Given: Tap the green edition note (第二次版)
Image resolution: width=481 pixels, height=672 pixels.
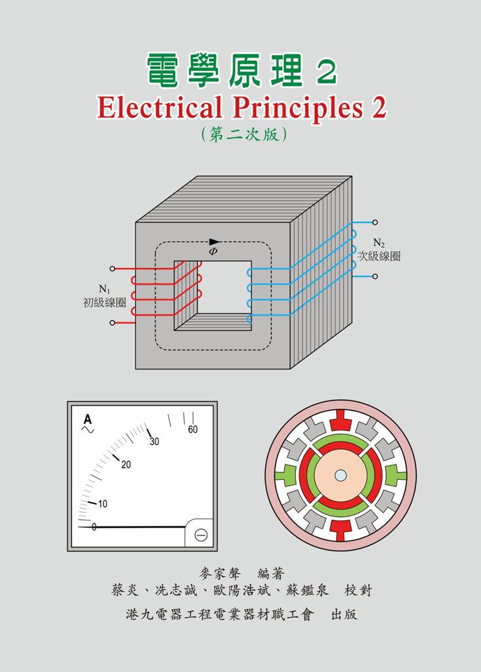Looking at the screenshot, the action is (243, 134).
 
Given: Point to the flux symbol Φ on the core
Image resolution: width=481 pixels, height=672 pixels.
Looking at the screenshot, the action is (213, 251).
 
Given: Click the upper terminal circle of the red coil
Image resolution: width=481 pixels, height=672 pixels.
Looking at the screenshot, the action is (112, 268).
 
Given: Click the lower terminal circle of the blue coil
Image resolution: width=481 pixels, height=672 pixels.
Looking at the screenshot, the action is (375, 276).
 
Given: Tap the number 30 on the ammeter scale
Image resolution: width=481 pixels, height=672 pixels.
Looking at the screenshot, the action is (154, 441).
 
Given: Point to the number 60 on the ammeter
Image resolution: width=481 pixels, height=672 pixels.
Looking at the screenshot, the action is (193, 429).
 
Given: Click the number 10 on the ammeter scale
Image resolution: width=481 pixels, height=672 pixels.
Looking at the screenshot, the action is (102, 504).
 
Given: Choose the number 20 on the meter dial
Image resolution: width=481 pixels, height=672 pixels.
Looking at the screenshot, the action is (126, 465).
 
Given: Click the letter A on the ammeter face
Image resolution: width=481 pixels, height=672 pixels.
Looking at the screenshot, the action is (87, 419).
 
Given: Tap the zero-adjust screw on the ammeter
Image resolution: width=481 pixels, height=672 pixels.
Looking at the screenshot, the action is (201, 535).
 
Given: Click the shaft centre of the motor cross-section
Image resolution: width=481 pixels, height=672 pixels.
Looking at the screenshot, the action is (341, 476).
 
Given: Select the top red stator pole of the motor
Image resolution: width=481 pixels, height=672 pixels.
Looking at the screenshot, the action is (341, 421).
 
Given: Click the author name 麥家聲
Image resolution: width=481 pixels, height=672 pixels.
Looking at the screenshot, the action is (220, 574).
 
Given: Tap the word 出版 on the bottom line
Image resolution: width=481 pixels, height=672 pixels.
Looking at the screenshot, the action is (344, 614).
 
